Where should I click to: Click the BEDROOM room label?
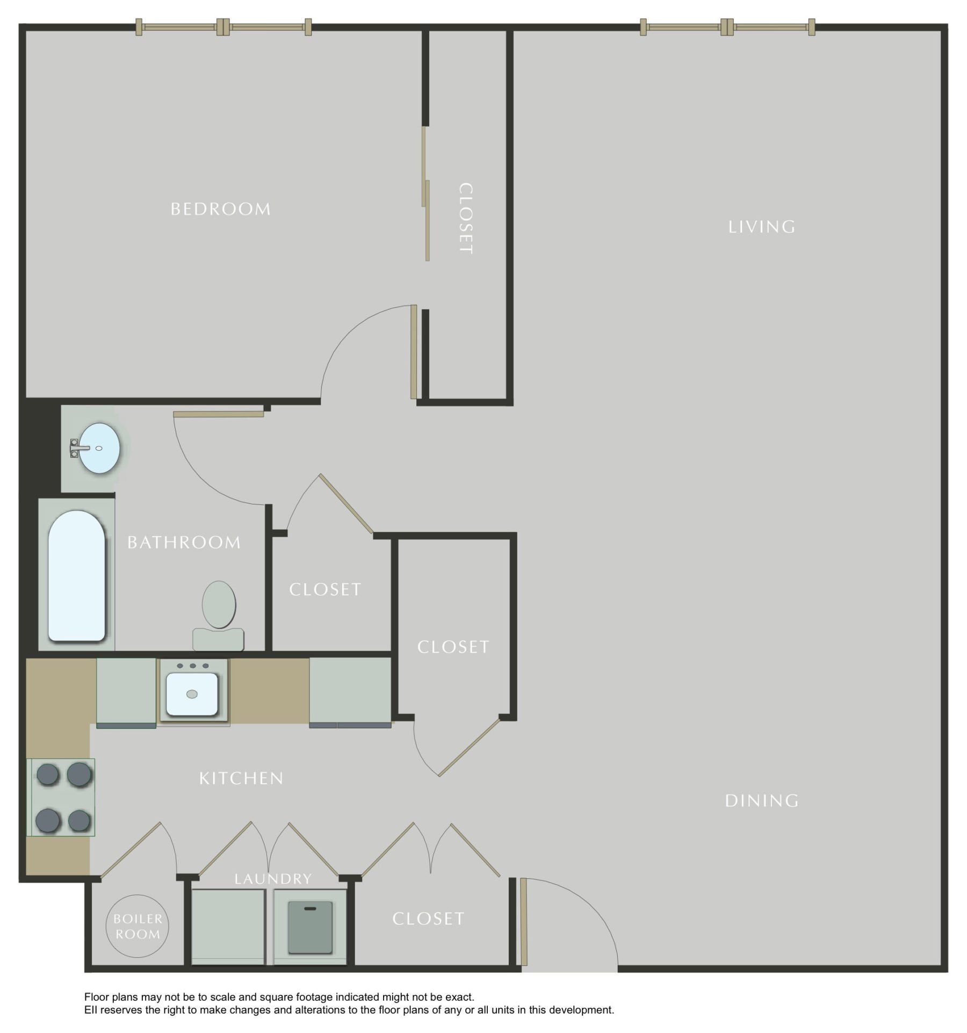pyautogui.click(x=221, y=209)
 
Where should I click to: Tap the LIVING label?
pyautogui.click(x=761, y=227)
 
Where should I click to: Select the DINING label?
pyautogui.click(x=761, y=801)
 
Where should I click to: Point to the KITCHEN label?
pyautogui.click(x=241, y=778)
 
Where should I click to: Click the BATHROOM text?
pyautogui.click(x=184, y=543)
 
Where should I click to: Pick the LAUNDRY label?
pyautogui.click(x=273, y=879)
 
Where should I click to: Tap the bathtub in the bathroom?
pyautogui.click(x=76, y=575)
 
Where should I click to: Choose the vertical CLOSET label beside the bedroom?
pyautogui.click(x=466, y=219)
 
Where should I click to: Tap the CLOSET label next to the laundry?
pyautogui.click(x=428, y=919)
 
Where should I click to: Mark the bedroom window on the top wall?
pyautogui.click(x=223, y=27)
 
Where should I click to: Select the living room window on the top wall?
pyautogui.click(x=727, y=27)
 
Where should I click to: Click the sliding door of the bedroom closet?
pyautogui.click(x=425, y=193)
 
